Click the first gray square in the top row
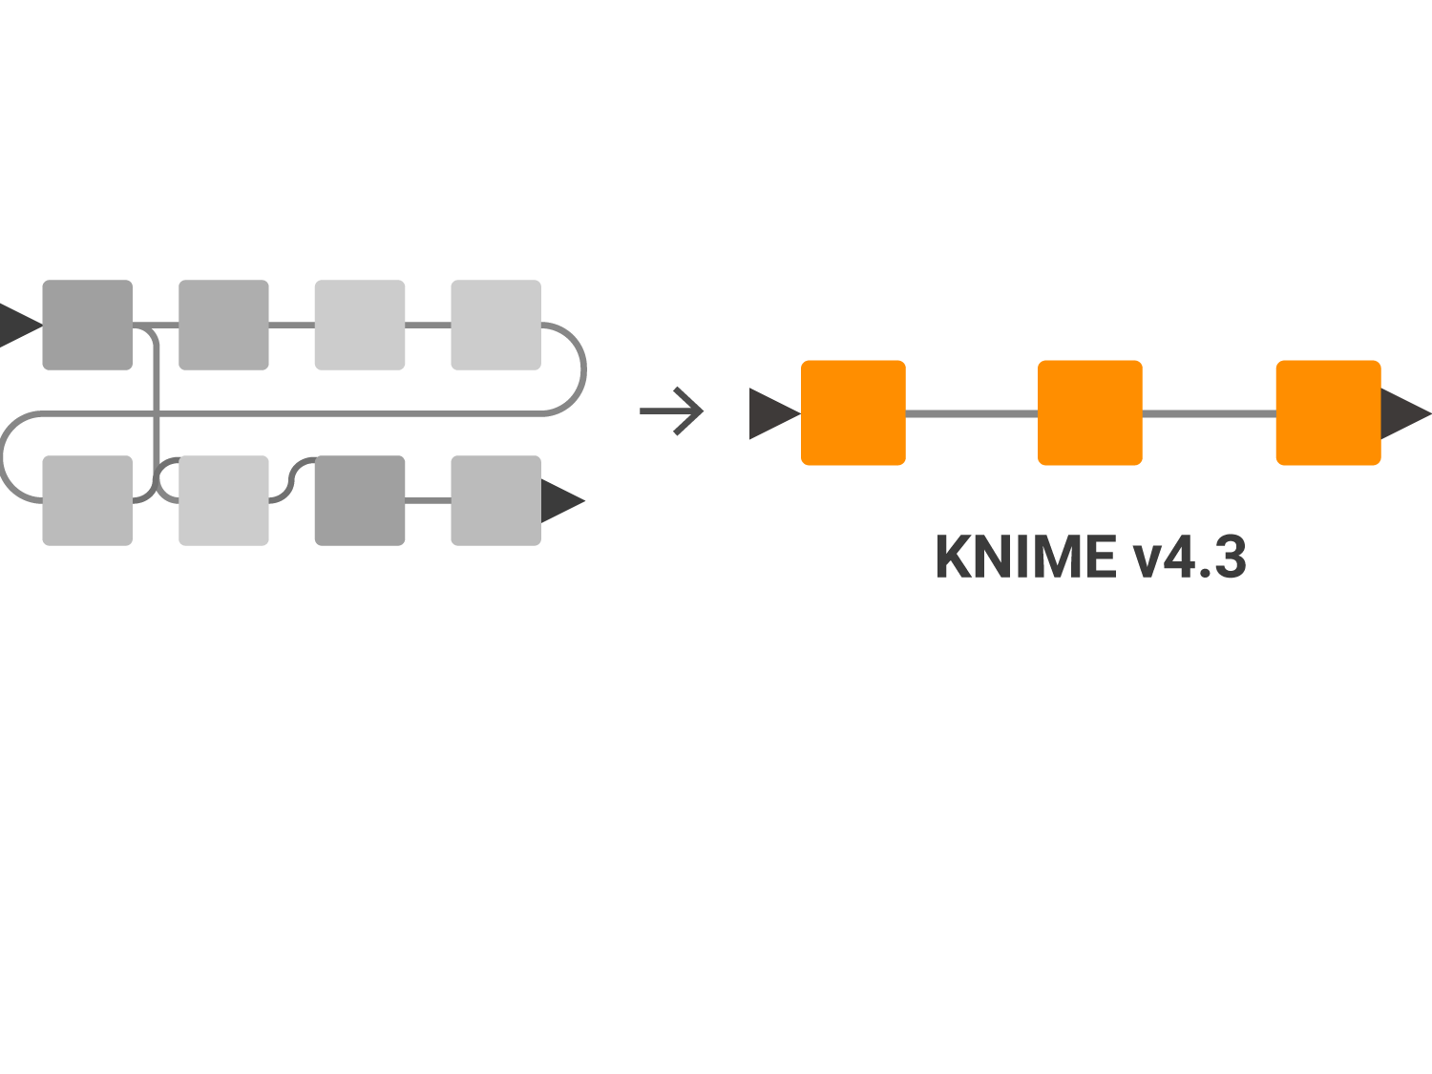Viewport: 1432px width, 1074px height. click(87, 325)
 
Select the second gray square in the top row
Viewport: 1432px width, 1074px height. click(223, 325)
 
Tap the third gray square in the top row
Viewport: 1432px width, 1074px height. click(360, 325)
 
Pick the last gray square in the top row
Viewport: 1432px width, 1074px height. click(495, 325)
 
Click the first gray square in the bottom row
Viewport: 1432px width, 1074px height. click(87, 500)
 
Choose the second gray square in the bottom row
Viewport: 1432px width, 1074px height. click(223, 500)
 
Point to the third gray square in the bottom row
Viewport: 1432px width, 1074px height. click(360, 500)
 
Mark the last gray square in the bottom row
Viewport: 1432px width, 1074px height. click(495, 500)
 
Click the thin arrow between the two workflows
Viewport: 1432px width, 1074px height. click(673, 411)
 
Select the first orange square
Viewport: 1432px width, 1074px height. click(853, 412)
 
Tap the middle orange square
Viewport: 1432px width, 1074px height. click(1090, 412)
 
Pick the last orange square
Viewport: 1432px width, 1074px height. click(1328, 412)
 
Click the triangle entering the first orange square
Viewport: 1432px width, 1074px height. click(770, 413)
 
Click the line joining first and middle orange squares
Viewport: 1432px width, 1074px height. click(972, 413)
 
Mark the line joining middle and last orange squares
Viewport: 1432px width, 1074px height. click(1209, 413)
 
